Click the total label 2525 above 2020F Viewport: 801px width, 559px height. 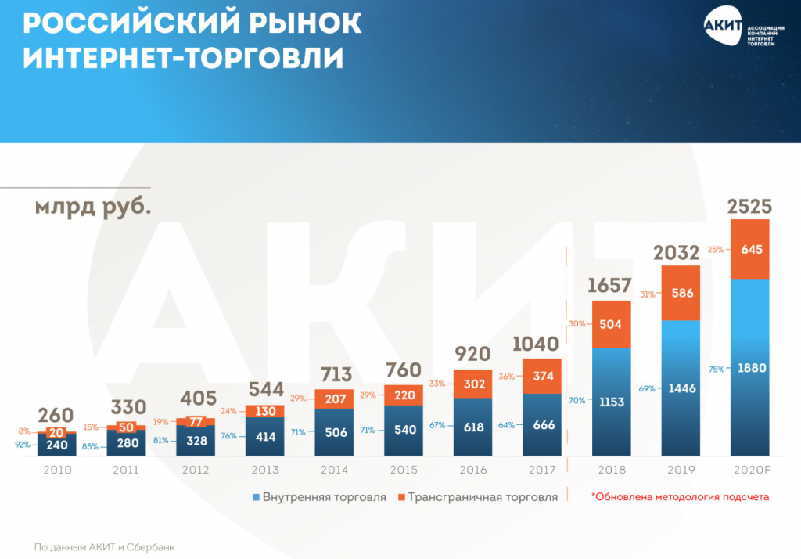coord(749,207)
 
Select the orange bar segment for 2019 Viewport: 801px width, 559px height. coord(681,293)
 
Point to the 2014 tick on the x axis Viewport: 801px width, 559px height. coord(335,470)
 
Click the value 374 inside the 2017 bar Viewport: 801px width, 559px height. coord(542,376)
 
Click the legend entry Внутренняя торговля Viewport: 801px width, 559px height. coord(318,497)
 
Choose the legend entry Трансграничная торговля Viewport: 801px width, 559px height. coord(477,497)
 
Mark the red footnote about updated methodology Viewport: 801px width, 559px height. coord(680,496)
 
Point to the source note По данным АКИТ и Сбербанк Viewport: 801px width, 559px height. coord(103,547)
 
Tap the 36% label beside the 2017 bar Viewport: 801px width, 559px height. coord(507,376)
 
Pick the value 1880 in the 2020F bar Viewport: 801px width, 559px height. coord(749,368)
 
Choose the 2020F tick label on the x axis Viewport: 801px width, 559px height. coord(749,470)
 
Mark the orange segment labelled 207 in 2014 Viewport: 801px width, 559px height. coord(335,399)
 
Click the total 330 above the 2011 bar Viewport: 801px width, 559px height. coord(127,407)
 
